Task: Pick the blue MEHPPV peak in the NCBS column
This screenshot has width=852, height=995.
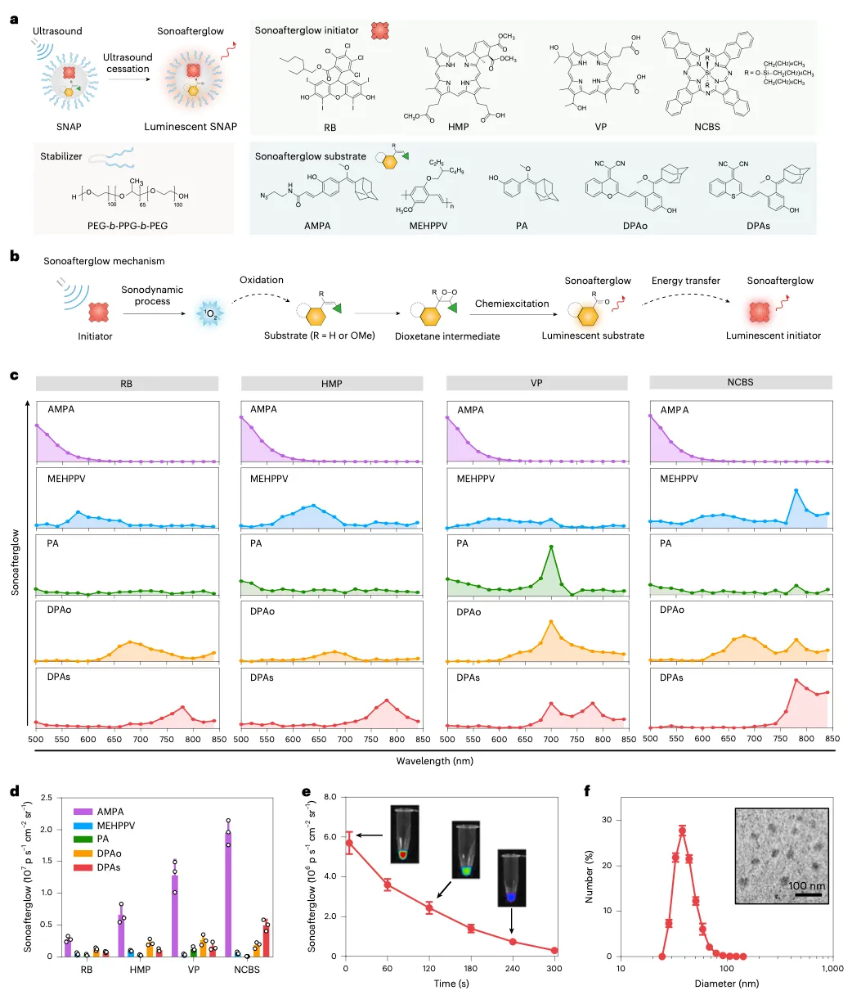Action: click(x=796, y=490)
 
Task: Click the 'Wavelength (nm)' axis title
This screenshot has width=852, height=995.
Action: click(x=433, y=760)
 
